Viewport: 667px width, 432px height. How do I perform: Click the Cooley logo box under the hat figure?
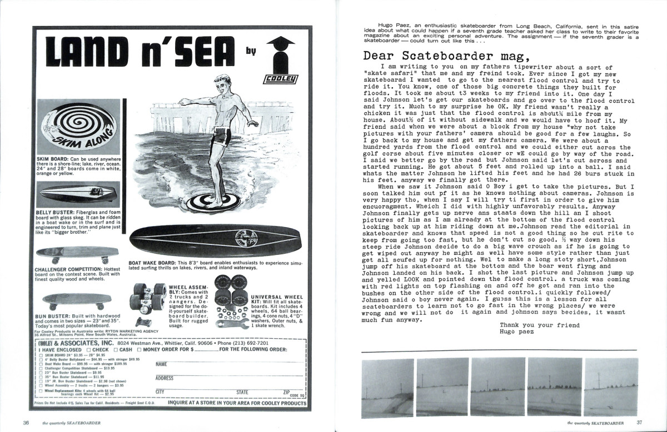point(278,79)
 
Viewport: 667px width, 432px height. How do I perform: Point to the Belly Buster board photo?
point(76,193)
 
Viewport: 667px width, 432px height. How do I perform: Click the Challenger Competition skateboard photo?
point(77,254)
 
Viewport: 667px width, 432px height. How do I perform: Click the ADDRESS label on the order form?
point(165,378)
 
